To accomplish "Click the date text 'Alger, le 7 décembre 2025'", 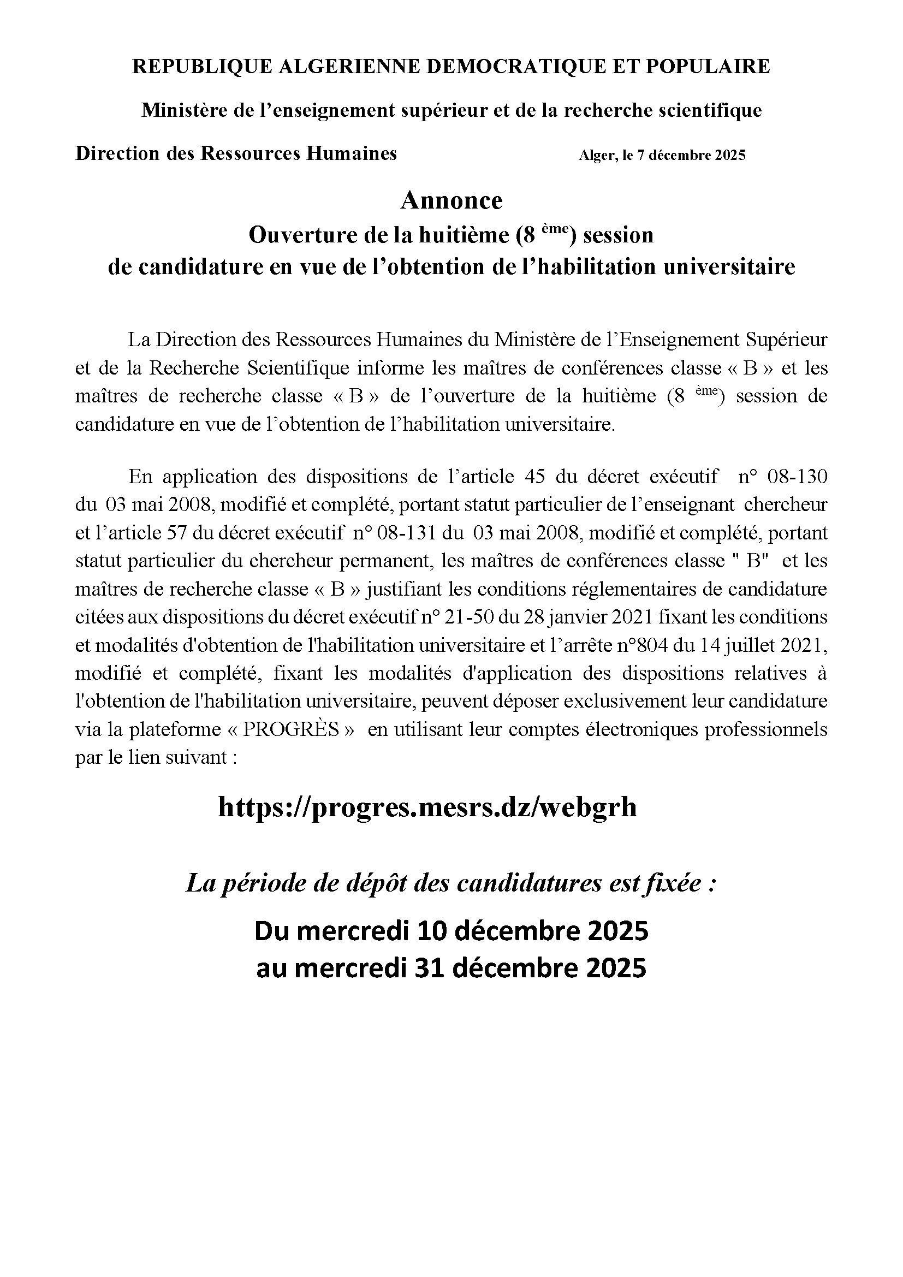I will point(662,156).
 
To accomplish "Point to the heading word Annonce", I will point(451,201).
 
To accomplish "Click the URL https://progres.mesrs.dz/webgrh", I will point(427,807).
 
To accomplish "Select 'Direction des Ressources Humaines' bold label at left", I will point(236,153).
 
